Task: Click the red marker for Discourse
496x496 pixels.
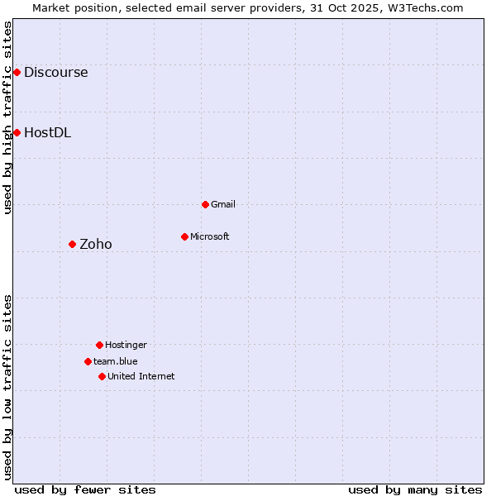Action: point(17,72)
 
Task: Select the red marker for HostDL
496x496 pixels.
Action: point(17,132)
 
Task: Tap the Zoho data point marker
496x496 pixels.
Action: point(72,244)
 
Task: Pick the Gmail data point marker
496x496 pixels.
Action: point(205,204)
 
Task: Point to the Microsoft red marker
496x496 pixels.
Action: point(184,236)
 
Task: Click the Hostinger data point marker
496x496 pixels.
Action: point(99,345)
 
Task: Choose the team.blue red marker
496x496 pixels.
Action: point(88,361)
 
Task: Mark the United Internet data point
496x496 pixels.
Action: point(102,376)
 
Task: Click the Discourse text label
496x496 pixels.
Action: point(55,72)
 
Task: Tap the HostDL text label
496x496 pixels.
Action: point(47,132)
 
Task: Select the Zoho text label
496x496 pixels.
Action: point(95,244)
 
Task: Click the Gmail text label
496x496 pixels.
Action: point(223,204)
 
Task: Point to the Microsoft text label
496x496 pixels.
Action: point(209,236)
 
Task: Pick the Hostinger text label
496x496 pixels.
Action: point(126,345)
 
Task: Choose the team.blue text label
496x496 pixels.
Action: point(115,361)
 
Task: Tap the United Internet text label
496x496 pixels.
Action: point(141,376)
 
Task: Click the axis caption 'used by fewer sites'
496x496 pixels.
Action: point(85,489)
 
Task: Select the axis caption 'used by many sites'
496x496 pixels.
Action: point(415,489)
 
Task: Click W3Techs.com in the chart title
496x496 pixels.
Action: point(423,7)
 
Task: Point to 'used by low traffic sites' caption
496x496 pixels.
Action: point(8,387)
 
